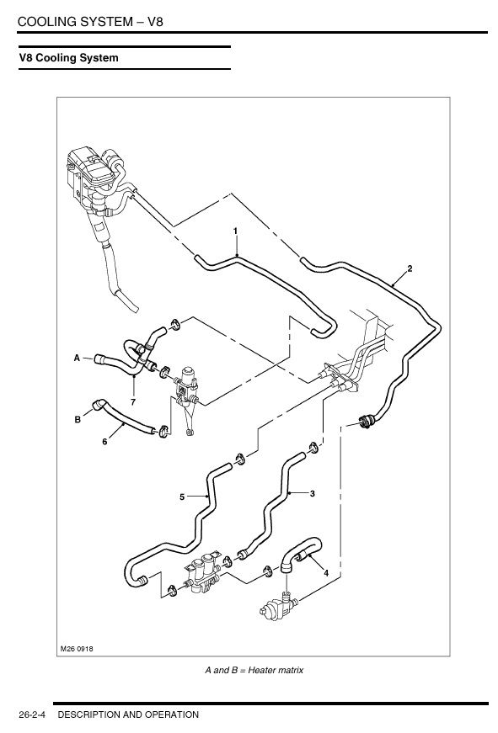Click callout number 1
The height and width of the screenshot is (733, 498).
[235, 231]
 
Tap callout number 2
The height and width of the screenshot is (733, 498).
[410, 268]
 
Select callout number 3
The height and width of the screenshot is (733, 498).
[312, 493]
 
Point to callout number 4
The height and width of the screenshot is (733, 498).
[326, 572]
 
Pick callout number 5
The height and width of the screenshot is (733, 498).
[182, 497]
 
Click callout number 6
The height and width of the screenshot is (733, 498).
[104, 441]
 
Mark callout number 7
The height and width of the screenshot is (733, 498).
[133, 401]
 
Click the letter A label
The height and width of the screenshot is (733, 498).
[78, 359]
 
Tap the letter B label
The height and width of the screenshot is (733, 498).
[78, 419]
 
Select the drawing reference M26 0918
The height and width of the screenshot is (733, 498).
[77, 648]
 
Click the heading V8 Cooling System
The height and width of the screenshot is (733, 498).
[69, 58]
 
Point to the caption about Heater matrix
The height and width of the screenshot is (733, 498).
[254, 670]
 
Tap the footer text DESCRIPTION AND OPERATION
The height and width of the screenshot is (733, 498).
[128, 714]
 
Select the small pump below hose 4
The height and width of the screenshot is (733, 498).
[277, 607]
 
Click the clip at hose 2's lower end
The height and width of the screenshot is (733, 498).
[366, 421]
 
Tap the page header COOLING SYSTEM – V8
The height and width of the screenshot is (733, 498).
[90, 22]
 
